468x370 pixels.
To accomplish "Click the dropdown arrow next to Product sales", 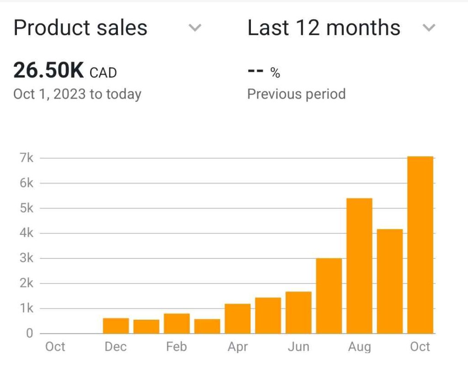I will tap(195, 28).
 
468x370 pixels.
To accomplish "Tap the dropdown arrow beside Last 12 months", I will tap(428, 28).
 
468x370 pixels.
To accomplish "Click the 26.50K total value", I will tap(48, 71).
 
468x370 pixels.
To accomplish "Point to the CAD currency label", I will tap(103, 73).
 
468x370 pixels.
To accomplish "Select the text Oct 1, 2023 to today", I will tap(77, 94).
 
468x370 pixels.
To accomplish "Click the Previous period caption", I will tap(296, 94).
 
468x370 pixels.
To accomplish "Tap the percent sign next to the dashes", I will tap(275, 73).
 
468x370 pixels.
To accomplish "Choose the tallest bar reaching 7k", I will tap(420, 245).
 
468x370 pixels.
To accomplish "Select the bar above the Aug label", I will tap(359, 266).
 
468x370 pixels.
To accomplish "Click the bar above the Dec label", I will tap(116, 326).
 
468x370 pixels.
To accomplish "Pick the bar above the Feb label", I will tap(177, 323).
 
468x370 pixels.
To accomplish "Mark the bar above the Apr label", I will tap(238, 318).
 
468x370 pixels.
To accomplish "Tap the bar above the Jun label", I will tap(298, 312).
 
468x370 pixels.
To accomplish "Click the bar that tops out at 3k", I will tap(329, 296).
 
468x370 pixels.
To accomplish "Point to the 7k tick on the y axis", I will tap(27, 158).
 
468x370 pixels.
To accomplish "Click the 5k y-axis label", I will tap(27, 208).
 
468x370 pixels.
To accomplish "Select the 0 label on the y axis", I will tap(30, 333).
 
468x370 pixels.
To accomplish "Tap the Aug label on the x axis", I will tap(359, 347).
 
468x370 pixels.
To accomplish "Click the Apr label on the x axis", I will tap(238, 347).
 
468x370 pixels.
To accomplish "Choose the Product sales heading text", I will tap(80, 28).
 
